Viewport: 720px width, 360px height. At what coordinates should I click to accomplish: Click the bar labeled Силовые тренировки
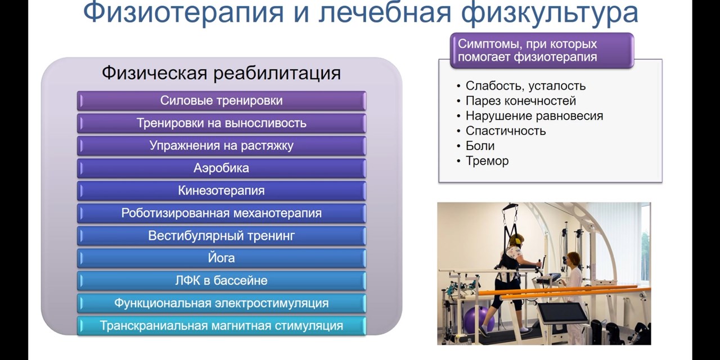pos(221,101)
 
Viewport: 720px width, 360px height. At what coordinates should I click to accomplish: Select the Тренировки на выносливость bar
pos(221,123)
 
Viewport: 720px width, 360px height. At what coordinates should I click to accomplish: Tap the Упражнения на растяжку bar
pos(221,146)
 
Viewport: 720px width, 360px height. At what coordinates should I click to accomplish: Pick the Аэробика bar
pos(221,168)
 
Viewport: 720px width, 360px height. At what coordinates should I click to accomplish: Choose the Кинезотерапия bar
pos(221,191)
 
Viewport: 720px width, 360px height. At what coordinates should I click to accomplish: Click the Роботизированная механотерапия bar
pos(221,213)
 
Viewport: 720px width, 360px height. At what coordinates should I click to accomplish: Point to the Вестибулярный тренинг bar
pos(221,236)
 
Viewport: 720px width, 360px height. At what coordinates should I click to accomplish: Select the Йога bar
pos(221,258)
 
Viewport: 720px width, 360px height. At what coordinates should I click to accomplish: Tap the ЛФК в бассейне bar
pos(221,281)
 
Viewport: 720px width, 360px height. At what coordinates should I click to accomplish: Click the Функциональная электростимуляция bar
pos(221,303)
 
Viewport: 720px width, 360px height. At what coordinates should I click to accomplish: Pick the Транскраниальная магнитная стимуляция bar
pos(221,326)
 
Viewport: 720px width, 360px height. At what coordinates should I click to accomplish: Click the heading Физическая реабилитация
pos(221,73)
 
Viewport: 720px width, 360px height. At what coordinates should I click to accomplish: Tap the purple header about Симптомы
pos(542,51)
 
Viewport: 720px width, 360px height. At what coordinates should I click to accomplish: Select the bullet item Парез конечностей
pos(520,101)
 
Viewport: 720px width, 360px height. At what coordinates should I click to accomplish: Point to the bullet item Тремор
pos(487,161)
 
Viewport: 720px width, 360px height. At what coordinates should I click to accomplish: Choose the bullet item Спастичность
pos(505,131)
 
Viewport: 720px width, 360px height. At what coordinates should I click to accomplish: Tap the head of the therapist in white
pos(573,259)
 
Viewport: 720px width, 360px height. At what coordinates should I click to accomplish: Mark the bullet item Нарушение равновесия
pos(534,116)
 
